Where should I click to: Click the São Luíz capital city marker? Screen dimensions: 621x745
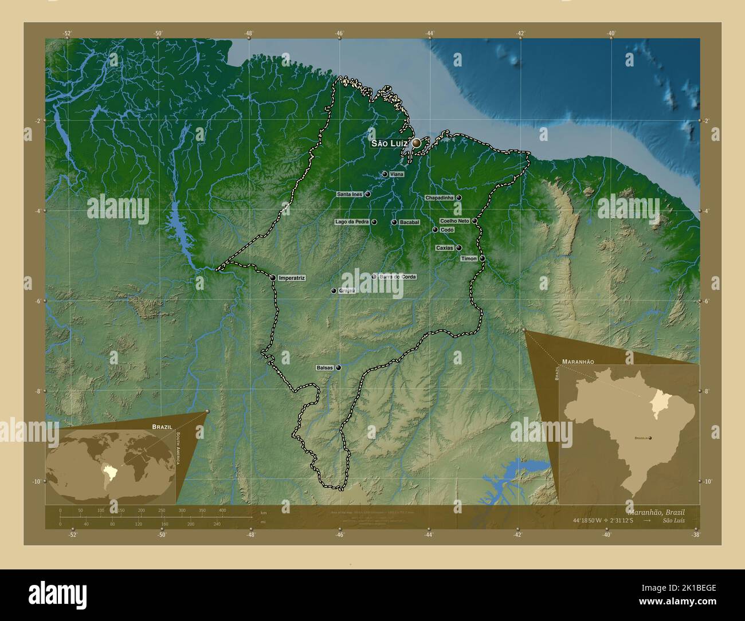tap(416, 143)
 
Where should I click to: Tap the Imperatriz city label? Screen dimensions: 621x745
tap(291, 278)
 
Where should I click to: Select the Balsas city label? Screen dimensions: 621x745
tap(324, 368)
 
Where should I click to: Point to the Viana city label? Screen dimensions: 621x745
tap(397, 174)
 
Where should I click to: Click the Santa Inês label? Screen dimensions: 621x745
tap(350, 194)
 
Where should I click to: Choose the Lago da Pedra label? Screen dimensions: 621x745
tap(352, 222)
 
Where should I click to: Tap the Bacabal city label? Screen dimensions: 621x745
tap(410, 222)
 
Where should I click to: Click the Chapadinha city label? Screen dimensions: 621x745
tap(440, 198)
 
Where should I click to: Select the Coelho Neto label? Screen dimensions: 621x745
tap(454, 221)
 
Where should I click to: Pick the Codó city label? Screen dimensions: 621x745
tap(448, 230)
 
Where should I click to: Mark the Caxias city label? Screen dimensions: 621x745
tap(444, 248)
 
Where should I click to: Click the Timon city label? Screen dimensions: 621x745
tap(468, 258)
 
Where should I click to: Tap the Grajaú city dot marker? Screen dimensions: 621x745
tap(333, 291)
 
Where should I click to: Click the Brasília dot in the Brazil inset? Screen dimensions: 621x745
tap(650, 438)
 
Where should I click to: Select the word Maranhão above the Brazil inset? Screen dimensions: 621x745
tap(578, 362)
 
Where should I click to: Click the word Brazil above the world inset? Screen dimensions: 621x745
tap(162, 427)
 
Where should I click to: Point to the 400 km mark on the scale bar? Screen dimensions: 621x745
tap(222, 510)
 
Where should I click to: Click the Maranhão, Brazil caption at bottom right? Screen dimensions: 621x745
tap(656, 511)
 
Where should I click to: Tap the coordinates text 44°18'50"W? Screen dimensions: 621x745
tap(593, 520)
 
